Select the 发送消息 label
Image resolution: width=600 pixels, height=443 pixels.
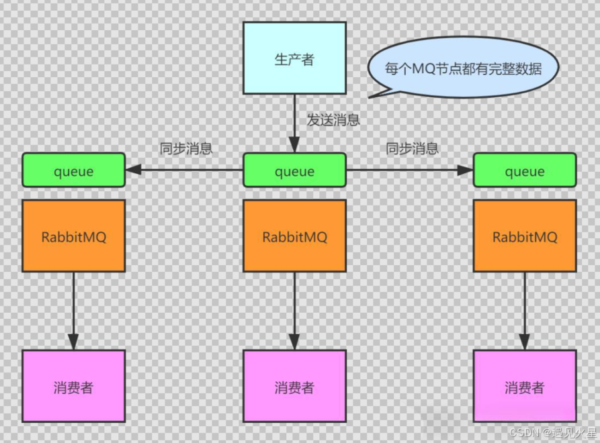334,121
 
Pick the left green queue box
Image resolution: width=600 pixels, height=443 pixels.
73,170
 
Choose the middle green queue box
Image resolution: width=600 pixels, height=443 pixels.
294,170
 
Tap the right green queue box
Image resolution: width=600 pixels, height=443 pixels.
525,170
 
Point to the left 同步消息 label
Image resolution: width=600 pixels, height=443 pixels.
186,149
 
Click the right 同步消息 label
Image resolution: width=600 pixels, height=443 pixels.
413,149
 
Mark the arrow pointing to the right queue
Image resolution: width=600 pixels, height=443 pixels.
410,170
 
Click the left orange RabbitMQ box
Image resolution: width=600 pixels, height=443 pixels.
73,236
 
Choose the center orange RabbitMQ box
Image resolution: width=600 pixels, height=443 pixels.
294,236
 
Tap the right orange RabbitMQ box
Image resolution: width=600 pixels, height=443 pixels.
525,236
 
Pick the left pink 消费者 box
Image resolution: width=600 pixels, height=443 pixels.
73,387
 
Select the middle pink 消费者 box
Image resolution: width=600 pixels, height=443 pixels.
294,387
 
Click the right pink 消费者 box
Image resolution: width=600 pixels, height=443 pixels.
525,387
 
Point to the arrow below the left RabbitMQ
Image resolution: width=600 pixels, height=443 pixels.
73,310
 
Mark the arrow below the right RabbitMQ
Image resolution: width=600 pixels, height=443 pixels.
525,310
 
